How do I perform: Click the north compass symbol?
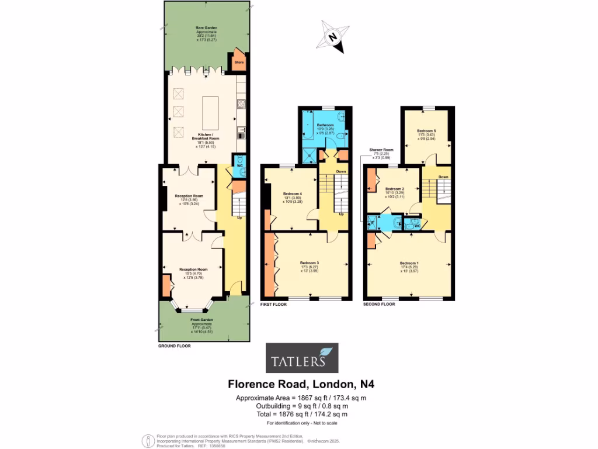[x=332, y=37]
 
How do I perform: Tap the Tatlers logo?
[x=303, y=357]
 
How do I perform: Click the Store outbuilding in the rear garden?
[x=238, y=61]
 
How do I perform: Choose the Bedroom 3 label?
[x=309, y=263]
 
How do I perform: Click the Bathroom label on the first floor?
[x=325, y=125]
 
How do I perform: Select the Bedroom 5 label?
[x=426, y=130]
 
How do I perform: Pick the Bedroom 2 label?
[x=395, y=189]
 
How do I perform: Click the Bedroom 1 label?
[x=409, y=263]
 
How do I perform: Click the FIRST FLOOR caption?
[x=273, y=305]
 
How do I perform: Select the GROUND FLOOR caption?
[x=175, y=346]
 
